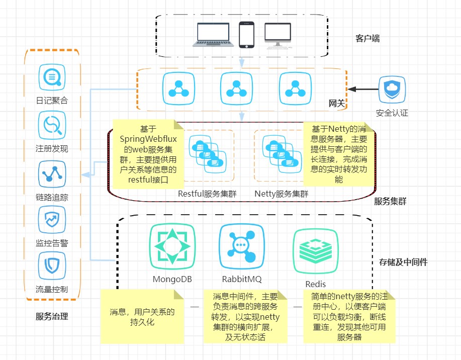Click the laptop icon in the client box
(214, 35)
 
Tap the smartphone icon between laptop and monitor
(246, 35)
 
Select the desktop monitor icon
(278, 35)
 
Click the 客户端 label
(367, 38)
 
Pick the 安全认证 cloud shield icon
(392, 89)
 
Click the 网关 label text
(336, 104)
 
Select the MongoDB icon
(172, 245)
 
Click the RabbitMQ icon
(242, 245)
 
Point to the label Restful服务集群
(207, 194)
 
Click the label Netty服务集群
(282, 194)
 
